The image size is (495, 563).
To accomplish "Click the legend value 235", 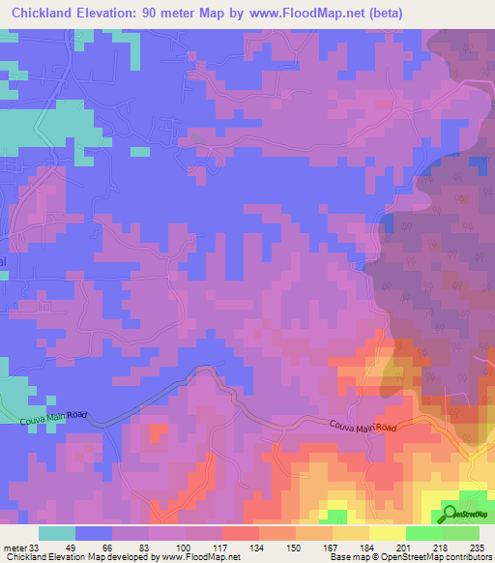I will tap(476, 548).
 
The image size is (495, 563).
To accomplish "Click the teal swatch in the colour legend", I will tap(57, 533).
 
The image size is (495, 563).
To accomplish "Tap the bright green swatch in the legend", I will tap(423, 533).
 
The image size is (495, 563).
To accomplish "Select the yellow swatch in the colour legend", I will tap(387, 533).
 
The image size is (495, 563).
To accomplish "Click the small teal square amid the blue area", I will tap(140, 151).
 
